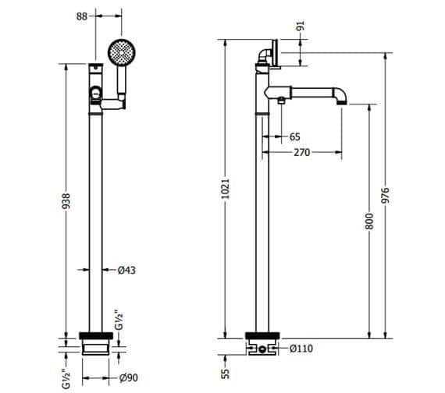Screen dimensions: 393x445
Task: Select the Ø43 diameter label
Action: click(x=127, y=270)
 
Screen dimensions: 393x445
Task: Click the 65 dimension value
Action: click(x=294, y=136)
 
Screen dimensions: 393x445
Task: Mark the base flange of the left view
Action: click(x=96, y=342)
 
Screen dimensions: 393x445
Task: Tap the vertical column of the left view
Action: click(x=96, y=218)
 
